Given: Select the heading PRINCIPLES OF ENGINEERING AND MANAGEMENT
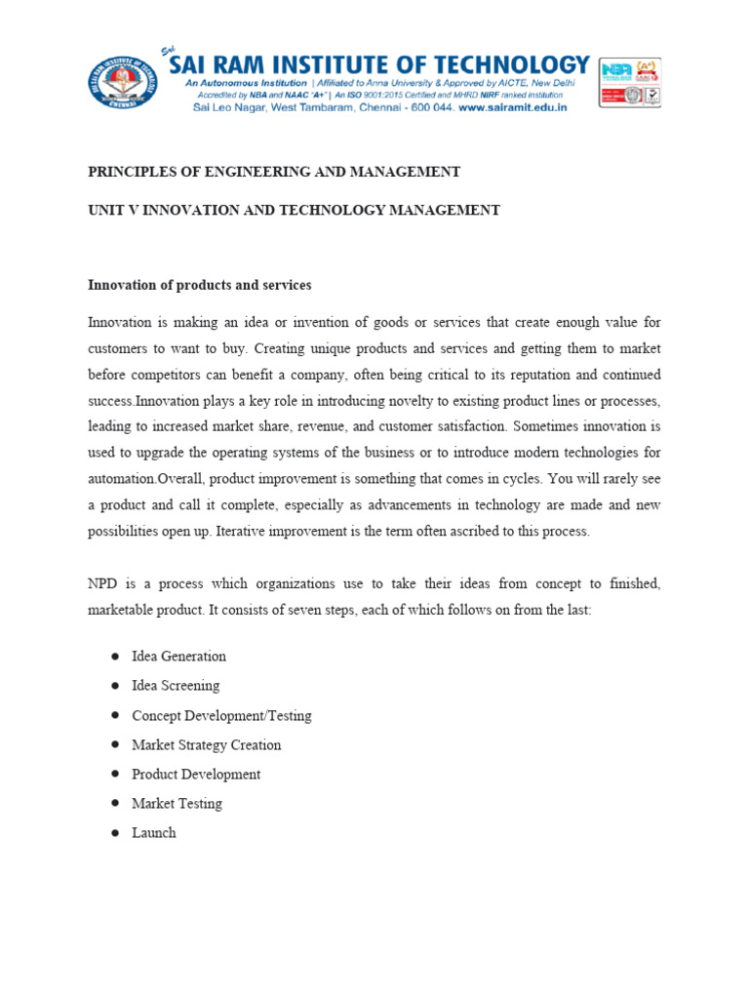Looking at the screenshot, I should tap(274, 172).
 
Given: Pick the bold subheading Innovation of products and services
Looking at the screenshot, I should tap(199, 285).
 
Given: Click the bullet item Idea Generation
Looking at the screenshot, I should tap(178, 657).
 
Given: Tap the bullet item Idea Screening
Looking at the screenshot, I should tap(176, 686).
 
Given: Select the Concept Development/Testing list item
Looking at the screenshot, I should tap(221, 715).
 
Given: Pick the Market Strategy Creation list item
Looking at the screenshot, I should tap(206, 744).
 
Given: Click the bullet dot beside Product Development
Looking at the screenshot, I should tap(114, 774).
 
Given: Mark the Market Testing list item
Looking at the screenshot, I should tap(177, 803).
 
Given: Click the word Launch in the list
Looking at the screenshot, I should tap(154, 832).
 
